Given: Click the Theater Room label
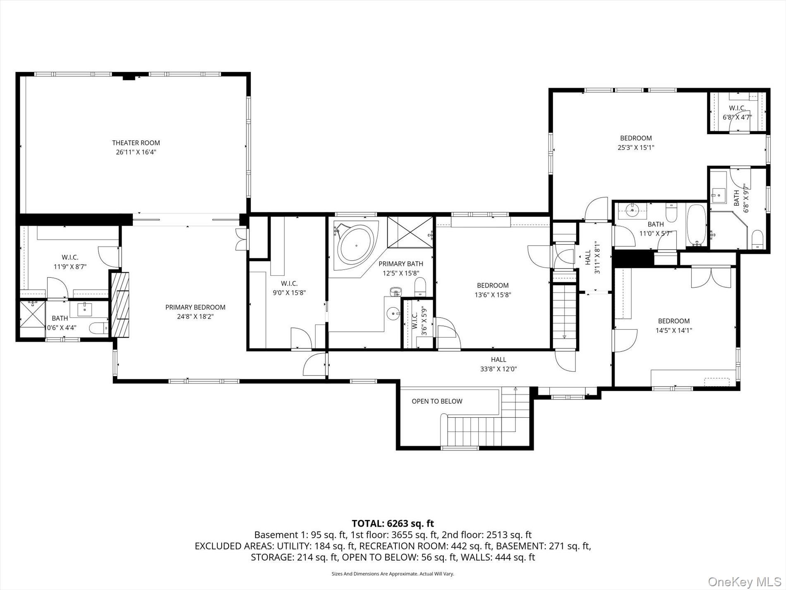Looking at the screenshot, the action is click(136, 143).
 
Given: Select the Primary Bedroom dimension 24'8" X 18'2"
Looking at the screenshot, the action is click(195, 317).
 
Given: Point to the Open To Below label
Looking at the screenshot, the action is click(437, 401).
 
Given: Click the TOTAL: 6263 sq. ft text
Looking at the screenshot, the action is click(393, 523).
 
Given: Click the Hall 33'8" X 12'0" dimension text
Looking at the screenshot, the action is click(498, 369).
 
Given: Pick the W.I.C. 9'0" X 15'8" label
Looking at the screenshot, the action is click(289, 288).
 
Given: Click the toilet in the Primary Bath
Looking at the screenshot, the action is click(420, 287).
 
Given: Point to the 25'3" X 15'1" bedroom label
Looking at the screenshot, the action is click(636, 143).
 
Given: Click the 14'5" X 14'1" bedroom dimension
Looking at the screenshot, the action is click(673, 330).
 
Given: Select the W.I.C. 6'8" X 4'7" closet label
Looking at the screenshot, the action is click(737, 113).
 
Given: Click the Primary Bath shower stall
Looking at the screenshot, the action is click(410, 232).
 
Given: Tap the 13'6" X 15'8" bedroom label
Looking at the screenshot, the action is click(492, 290).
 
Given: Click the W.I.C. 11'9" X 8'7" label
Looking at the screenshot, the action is click(70, 262).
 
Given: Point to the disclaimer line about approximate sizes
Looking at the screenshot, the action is click(393, 574).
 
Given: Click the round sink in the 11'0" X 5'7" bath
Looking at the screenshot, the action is click(632, 211).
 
